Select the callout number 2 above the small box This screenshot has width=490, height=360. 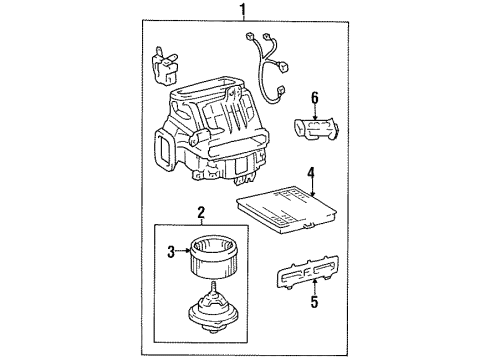(x=200, y=212)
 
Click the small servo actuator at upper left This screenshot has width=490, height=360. (x=162, y=69)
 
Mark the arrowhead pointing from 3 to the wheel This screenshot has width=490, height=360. (x=188, y=253)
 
